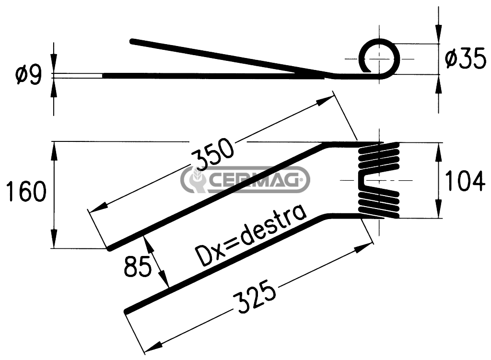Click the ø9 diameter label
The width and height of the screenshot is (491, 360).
pyautogui.click(x=28, y=75)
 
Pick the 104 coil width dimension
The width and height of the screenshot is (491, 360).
pyautogui.click(x=465, y=181)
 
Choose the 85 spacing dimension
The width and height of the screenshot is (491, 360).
pyautogui.click(x=138, y=266)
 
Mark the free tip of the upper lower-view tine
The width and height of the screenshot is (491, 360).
pyautogui.click(x=109, y=249)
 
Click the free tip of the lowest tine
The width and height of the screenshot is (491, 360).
pyautogui.click(x=126, y=311)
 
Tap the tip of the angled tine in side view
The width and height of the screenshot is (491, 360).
pyautogui.click(x=132, y=41)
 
